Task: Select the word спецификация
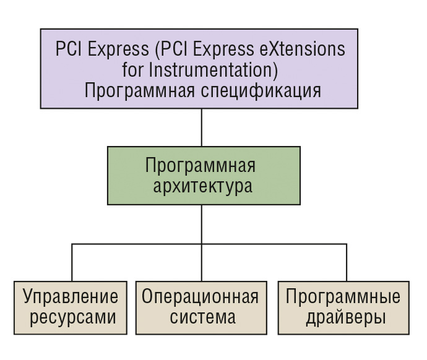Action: [261, 92]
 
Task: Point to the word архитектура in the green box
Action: [202, 186]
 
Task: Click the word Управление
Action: [71, 296]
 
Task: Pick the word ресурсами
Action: [72, 317]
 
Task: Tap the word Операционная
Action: [200, 296]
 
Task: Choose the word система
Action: [202, 317]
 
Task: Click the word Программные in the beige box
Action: [343, 296]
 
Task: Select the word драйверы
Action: [346, 317]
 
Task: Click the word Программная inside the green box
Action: [200, 165]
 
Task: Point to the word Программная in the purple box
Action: [140, 91]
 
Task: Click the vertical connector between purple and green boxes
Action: [202, 127]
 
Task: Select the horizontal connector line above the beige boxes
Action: [209, 244]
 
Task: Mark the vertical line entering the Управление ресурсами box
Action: [72, 262]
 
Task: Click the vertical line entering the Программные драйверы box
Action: [347, 262]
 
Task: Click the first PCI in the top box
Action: [68, 49]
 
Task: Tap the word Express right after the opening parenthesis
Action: [223, 49]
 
